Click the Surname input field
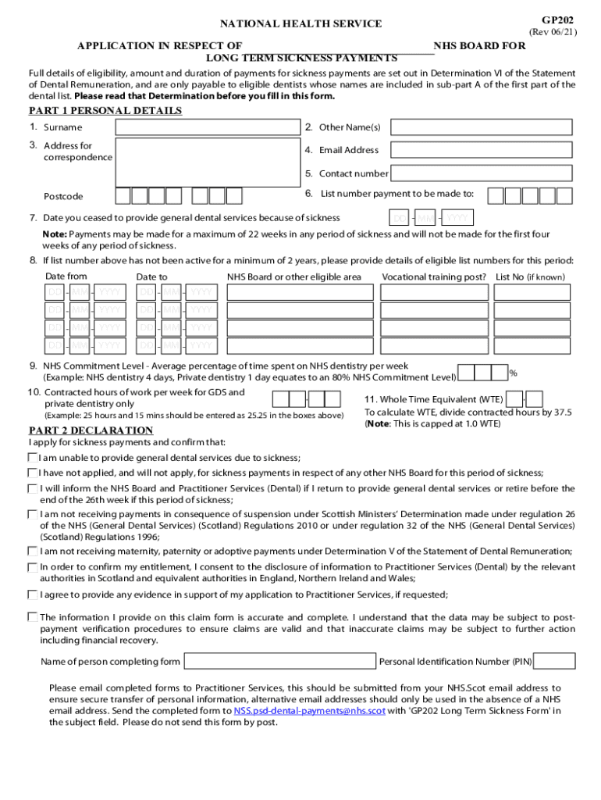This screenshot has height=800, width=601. pyautogui.click(x=208, y=127)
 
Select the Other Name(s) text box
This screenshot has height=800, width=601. pyautogui.click(x=482, y=127)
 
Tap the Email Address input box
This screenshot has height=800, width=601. pyautogui.click(x=482, y=150)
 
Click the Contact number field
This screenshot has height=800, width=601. pyautogui.click(x=482, y=173)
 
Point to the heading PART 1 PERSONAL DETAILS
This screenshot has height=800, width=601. pyautogui.click(x=105, y=111)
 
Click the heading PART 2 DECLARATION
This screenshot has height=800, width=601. pyautogui.click(x=91, y=430)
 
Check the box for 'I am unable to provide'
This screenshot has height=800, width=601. pyautogui.click(x=33, y=458)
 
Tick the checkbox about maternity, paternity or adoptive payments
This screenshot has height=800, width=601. pyautogui.click(x=33, y=551)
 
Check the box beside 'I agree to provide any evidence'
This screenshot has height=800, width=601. pyautogui.click(x=33, y=595)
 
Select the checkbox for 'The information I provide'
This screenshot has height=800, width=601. pyautogui.click(x=33, y=616)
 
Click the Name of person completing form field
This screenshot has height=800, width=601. pyautogui.click(x=279, y=662)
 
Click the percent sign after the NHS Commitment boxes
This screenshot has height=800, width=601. pyautogui.click(x=513, y=373)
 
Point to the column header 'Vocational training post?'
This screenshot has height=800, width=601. pyautogui.click(x=434, y=277)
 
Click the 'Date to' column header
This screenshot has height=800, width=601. pyautogui.click(x=151, y=277)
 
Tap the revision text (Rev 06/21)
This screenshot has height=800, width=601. pyautogui.click(x=553, y=32)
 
